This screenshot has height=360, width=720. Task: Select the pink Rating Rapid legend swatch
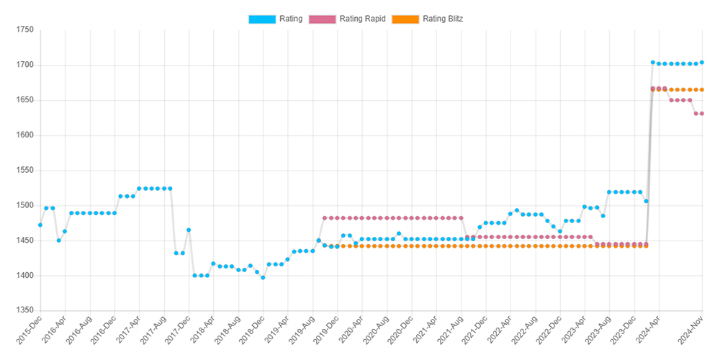[336, 19]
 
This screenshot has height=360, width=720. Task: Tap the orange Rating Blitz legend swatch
[404, 19]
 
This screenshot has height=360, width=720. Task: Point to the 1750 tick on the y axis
[24, 30]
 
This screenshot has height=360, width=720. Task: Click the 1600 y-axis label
[24, 135]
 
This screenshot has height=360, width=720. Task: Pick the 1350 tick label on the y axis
[24, 311]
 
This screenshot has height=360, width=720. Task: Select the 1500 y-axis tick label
[24, 206]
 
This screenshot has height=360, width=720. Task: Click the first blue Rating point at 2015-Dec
[40, 225]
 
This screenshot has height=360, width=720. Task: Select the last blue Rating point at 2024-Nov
[702, 63]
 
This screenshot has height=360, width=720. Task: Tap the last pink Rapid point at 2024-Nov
[702, 114]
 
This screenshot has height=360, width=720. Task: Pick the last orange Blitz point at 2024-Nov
[702, 90]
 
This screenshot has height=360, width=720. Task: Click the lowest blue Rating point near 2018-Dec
[263, 277]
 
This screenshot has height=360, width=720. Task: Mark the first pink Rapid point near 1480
[325, 217]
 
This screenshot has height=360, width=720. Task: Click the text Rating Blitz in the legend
[442, 19]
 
